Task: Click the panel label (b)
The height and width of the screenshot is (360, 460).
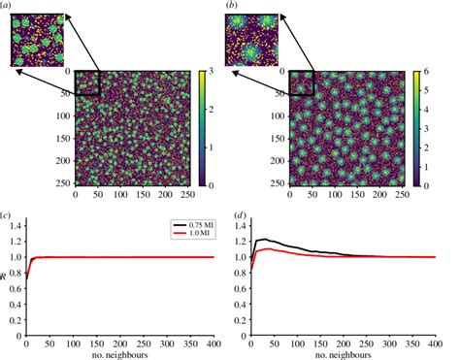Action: coord(231,7)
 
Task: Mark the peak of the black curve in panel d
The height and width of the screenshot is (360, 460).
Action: coord(264,239)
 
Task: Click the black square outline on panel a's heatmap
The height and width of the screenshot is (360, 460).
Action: coord(87,83)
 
